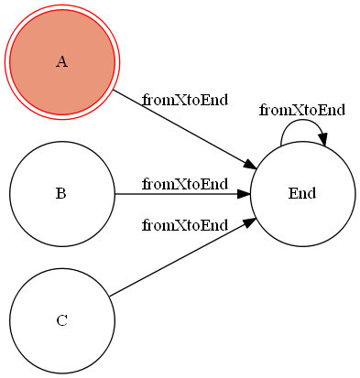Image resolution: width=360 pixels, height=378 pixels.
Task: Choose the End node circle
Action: (x=302, y=220)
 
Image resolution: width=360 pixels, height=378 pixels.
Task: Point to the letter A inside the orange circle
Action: (x=61, y=62)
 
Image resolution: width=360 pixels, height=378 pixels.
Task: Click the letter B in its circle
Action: (x=60, y=194)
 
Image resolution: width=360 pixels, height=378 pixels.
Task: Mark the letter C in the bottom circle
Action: (x=61, y=320)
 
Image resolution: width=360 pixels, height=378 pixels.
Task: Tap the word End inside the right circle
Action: (x=302, y=194)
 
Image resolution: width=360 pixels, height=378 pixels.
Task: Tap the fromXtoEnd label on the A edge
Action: (x=185, y=100)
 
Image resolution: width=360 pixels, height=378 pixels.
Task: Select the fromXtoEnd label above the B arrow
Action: (x=185, y=184)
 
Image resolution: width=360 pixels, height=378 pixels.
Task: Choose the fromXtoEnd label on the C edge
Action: (x=185, y=225)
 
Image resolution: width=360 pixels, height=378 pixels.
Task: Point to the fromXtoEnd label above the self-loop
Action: (x=302, y=111)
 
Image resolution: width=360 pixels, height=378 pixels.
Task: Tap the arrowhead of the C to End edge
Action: (x=247, y=223)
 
